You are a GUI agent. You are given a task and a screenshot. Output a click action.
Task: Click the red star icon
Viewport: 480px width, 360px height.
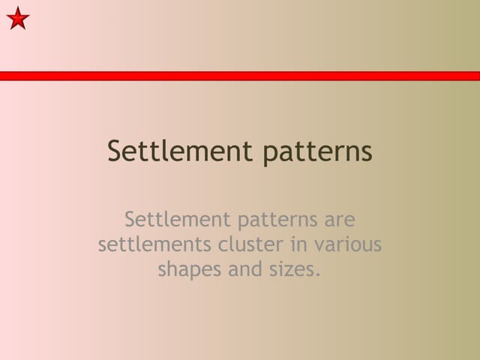point(18,17)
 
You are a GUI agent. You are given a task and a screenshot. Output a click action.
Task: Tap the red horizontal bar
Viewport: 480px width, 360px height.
point(240,76)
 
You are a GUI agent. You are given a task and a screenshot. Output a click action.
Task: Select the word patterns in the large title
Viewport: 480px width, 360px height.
point(318,152)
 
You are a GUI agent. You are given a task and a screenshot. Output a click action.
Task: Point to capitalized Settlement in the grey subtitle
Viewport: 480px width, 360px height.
point(178,220)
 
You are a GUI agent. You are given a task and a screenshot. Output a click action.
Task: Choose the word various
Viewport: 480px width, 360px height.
point(349,244)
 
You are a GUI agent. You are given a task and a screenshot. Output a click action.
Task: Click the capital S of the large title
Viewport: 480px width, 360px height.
point(115,151)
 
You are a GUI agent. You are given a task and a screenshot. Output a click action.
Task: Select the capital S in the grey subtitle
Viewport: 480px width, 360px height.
point(131,220)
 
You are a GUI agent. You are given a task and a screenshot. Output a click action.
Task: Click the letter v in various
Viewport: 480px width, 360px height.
point(319,246)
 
